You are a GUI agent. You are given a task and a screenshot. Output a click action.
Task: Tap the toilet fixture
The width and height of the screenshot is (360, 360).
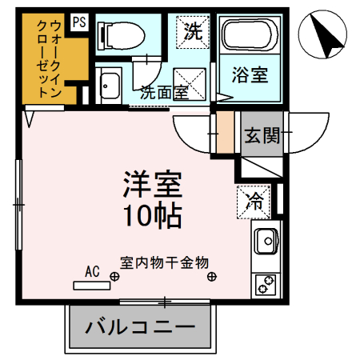tap(120, 35)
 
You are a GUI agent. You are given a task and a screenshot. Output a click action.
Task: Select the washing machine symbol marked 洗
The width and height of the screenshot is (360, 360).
tap(192, 33)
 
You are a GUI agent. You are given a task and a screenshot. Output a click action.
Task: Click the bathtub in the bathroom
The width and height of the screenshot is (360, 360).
tap(250, 37)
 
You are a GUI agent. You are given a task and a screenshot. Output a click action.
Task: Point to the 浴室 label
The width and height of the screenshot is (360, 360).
tap(250, 78)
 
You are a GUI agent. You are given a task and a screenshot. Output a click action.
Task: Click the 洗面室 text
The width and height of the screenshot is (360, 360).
tap(165, 91)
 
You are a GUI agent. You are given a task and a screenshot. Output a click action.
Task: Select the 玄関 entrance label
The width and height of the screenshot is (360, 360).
tap(262, 136)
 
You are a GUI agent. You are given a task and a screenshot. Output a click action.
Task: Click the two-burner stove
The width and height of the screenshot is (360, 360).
tap(266, 283)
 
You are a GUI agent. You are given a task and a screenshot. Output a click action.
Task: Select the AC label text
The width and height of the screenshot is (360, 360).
tap(92, 272)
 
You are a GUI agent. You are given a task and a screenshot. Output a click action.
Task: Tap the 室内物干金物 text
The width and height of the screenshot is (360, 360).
tap(165, 262)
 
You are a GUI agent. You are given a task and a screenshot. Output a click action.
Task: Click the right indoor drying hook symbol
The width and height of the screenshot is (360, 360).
tap(212, 278)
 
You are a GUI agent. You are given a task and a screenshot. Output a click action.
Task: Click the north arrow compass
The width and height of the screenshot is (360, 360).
tap(323, 35)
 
